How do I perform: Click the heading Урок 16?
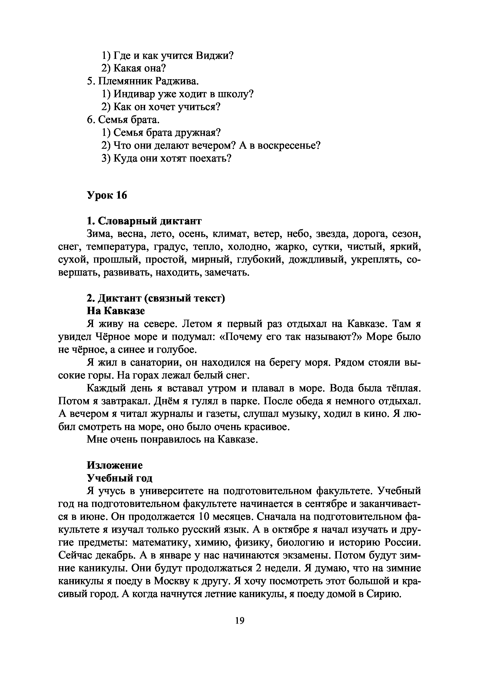pos(107,195)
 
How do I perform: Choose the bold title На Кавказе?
pos(116,311)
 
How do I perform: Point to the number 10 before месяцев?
pos(205,517)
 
